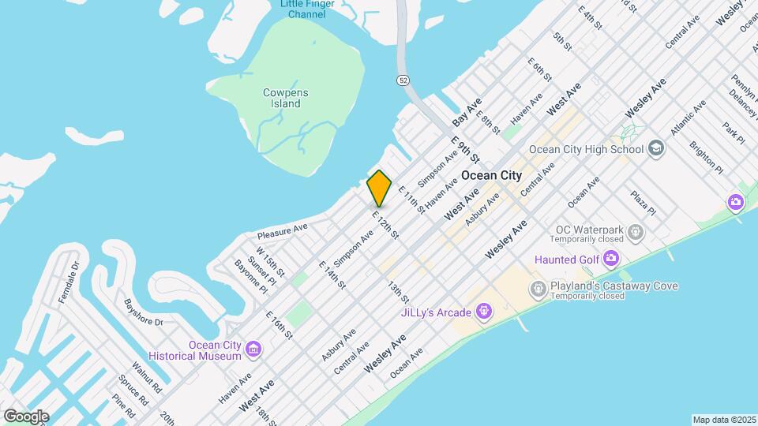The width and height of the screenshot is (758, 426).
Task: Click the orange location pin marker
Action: (x=379, y=189)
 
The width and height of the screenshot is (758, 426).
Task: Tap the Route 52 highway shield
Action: (x=403, y=80)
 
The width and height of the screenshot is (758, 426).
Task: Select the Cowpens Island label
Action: (x=286, y=98)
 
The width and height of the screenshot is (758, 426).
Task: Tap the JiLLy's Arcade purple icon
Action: (x=485, y=313)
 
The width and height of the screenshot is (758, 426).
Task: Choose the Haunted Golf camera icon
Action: (x=610, y=258)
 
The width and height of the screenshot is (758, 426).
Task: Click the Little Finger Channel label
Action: (x=307, y=9)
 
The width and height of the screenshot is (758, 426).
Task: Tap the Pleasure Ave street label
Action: (x=282, y=230)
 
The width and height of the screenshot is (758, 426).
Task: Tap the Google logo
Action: (x=25, y=417)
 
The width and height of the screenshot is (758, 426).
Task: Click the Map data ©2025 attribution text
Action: (x=723, y=420)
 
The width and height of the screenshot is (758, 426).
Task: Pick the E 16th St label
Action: (x=279, y=325)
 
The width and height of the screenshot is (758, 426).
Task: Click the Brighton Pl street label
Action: (x=706, y=157)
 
